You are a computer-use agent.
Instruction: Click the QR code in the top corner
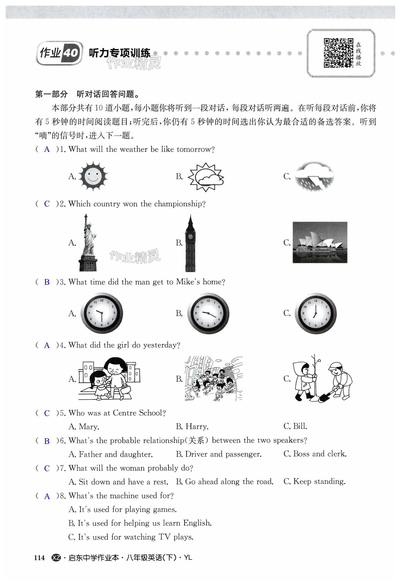(x=338, y=53)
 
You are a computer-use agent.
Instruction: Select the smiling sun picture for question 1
(x=93, y=176)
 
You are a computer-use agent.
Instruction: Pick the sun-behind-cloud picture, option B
(x=206, y=177)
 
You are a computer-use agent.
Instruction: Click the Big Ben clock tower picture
(x=190, y=243)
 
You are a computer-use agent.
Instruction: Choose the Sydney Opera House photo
(x=320, y=242)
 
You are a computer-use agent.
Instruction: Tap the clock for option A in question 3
(x=102, y=313)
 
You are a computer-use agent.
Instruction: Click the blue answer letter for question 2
(x=47, y=204)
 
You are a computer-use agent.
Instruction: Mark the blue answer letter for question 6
(x=47, y=441)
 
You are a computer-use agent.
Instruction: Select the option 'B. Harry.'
(x=192, y=426)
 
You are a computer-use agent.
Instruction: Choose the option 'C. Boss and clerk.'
(x=315, y=454)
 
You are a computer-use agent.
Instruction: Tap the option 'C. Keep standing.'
(x=314, y=481)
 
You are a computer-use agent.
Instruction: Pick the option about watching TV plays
(x=131, y=537)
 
